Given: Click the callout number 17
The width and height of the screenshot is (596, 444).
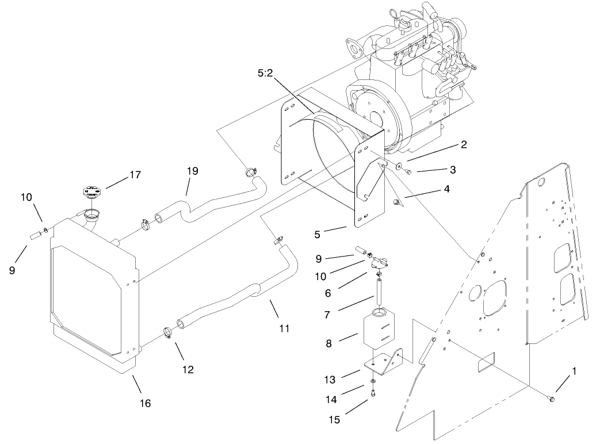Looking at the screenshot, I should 135,175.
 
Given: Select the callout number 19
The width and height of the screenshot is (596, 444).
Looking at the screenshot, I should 192,171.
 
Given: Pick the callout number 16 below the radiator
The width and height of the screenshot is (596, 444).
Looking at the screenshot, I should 145,404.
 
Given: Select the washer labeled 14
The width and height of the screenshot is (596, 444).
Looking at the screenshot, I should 375,381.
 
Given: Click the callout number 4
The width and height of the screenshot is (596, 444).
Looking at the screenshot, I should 446,189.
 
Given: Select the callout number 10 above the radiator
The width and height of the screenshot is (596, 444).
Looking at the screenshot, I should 26,197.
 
